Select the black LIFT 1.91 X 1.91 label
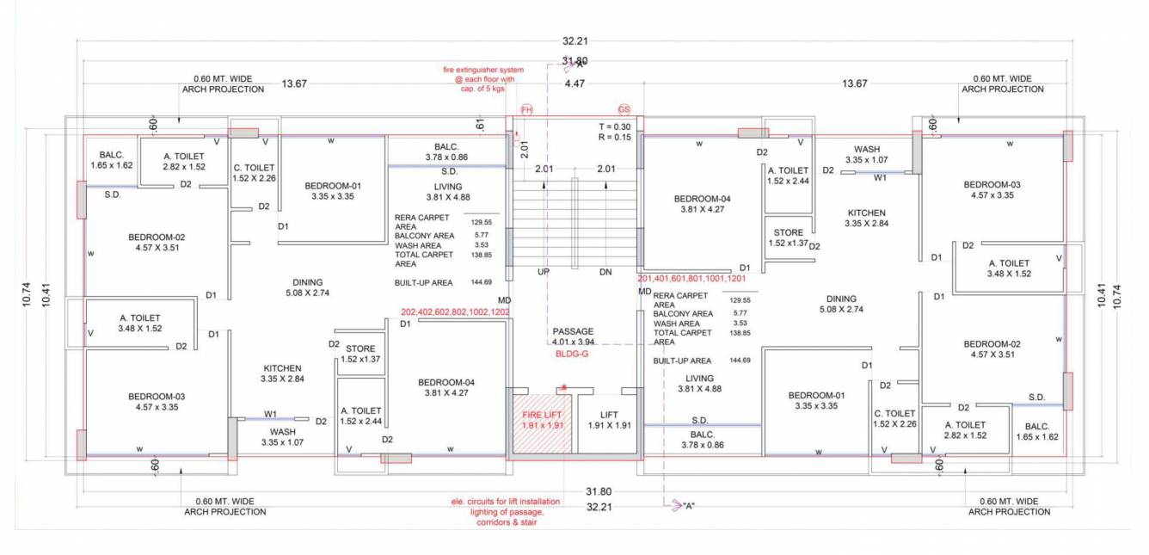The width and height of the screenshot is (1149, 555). pos(608,419)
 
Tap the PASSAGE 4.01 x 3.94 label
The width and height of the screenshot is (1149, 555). pos(573,336)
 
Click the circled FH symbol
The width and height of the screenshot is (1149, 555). pos(527,110)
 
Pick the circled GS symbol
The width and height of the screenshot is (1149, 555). pos(624,110)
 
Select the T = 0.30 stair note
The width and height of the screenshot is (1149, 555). pos(614,126)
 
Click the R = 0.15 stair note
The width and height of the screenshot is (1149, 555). pos(614,137)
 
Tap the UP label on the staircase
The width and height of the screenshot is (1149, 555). pos(544,272)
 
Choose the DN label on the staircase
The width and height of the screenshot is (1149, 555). pos(605,272)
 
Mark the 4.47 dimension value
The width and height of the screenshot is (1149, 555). pos(574,83)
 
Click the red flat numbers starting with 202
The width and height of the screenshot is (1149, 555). pos(455,311)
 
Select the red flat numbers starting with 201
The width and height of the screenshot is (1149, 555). pos(691,280)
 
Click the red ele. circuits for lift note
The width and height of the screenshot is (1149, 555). pos(506,511)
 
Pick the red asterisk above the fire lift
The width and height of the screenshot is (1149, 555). pos(563,387)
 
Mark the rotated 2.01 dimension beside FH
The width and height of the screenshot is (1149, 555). pos(525,147)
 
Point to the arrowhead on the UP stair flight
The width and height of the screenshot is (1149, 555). pos(544,182)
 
